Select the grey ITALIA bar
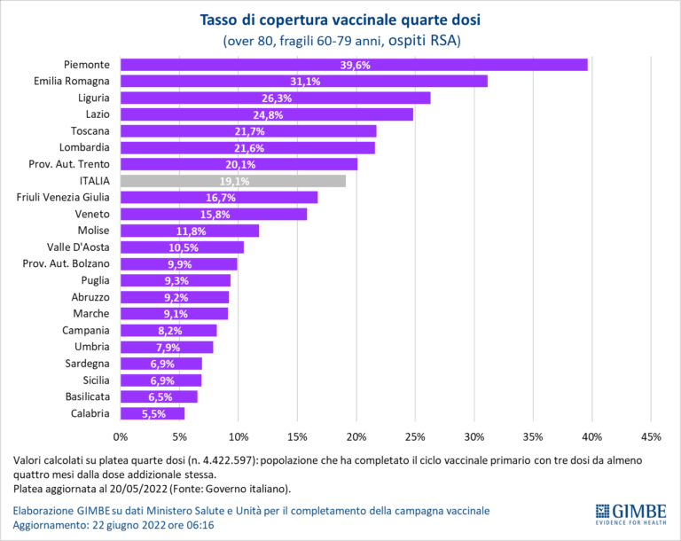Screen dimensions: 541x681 (x=232, y=181)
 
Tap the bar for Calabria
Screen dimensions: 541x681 (x=153, y=413)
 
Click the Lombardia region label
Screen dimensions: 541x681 (x=84, y=147)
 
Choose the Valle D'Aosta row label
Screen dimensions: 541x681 (x=78, y=247)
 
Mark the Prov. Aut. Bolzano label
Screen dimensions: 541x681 (x=67, y=263)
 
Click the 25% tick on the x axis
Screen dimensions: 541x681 (x=415, y=436)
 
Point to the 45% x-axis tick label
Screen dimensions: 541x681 (x=651, y=436)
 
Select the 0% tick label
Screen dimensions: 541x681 (x=121, y=436)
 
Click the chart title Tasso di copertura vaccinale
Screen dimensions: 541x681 (x=341, y=20)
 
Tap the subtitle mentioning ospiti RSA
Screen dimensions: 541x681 (x=341, y=40)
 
